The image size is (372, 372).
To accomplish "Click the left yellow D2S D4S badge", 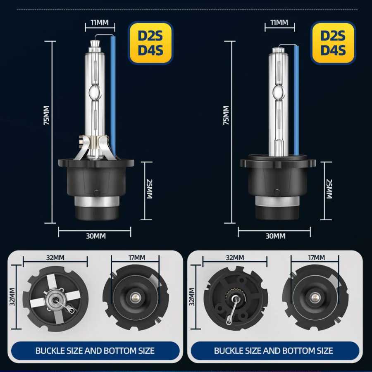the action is pos(150,43).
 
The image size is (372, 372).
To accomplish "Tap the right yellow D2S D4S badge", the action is pos(333,43).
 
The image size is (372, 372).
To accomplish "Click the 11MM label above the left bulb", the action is pos(100,23).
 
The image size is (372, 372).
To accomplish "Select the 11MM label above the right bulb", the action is pos(279,23).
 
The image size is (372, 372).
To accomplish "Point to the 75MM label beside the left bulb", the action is pos(47,115).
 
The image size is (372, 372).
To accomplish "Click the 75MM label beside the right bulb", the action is pos(227,115).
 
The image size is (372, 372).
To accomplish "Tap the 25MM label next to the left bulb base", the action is pos(149,189).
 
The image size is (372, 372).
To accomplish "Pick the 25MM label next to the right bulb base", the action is pos(329,189).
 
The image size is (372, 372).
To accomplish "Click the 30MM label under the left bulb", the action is pos(96,236).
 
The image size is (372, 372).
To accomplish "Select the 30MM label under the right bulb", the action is pos(275,236).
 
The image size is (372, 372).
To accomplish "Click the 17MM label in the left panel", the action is pos(137,258).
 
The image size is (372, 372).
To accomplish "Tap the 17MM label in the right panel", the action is pos(317,258).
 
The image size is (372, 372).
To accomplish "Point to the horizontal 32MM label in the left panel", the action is pos(55,258).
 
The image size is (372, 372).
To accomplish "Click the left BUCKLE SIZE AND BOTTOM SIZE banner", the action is pos(95,351).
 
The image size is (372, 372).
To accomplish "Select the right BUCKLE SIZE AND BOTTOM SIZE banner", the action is pos(275,351).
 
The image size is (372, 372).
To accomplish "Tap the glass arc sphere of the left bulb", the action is pos(95,93).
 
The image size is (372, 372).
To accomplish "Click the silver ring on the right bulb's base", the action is pos(276,202).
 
